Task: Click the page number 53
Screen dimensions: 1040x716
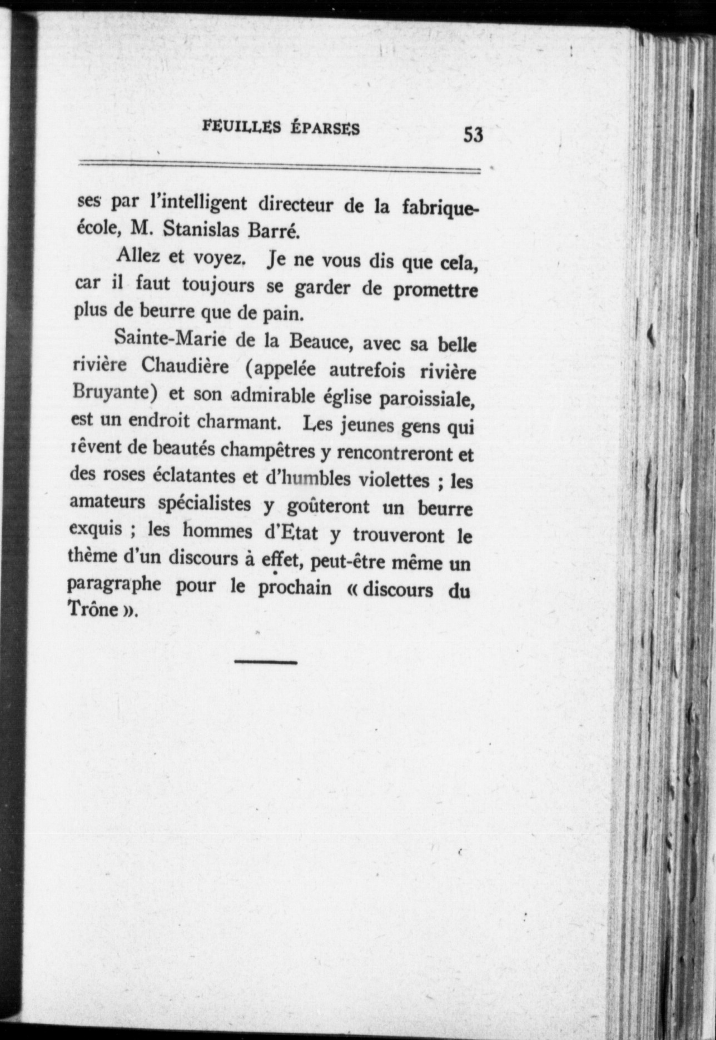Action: point(474,134)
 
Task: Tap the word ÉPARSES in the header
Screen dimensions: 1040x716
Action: point(325,129)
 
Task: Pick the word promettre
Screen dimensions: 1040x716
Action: point(435,291)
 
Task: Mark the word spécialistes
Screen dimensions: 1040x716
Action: point(205,504)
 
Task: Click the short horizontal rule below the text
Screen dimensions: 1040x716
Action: point(266,662)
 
